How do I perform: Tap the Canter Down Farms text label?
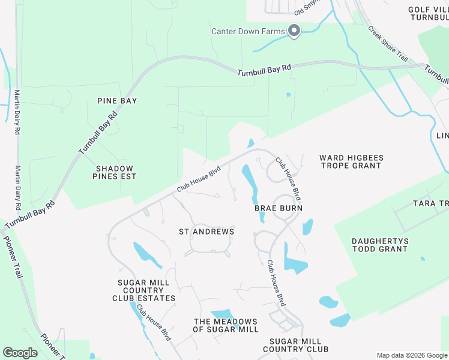(x=248, y=31)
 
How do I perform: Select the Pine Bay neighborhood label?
(x=117, y=101)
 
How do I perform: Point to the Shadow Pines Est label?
(x=114, y=172)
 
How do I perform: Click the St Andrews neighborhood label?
(x=206, y=231)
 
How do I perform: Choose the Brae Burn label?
(x=279, y=208)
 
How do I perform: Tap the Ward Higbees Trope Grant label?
(x=351, y=161)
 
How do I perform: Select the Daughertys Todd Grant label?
(x=380, y=245)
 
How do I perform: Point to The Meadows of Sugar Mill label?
(x=226, y=325)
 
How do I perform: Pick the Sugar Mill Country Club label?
(x=295, y=344)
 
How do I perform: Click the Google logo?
(x=20, y=353)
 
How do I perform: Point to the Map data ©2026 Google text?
(x=411, y=355)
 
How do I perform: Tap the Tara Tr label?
(x=430, y=203)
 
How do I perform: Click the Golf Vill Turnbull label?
(x=428, y=14)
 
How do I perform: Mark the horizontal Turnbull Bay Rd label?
(x=264, y=70)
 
